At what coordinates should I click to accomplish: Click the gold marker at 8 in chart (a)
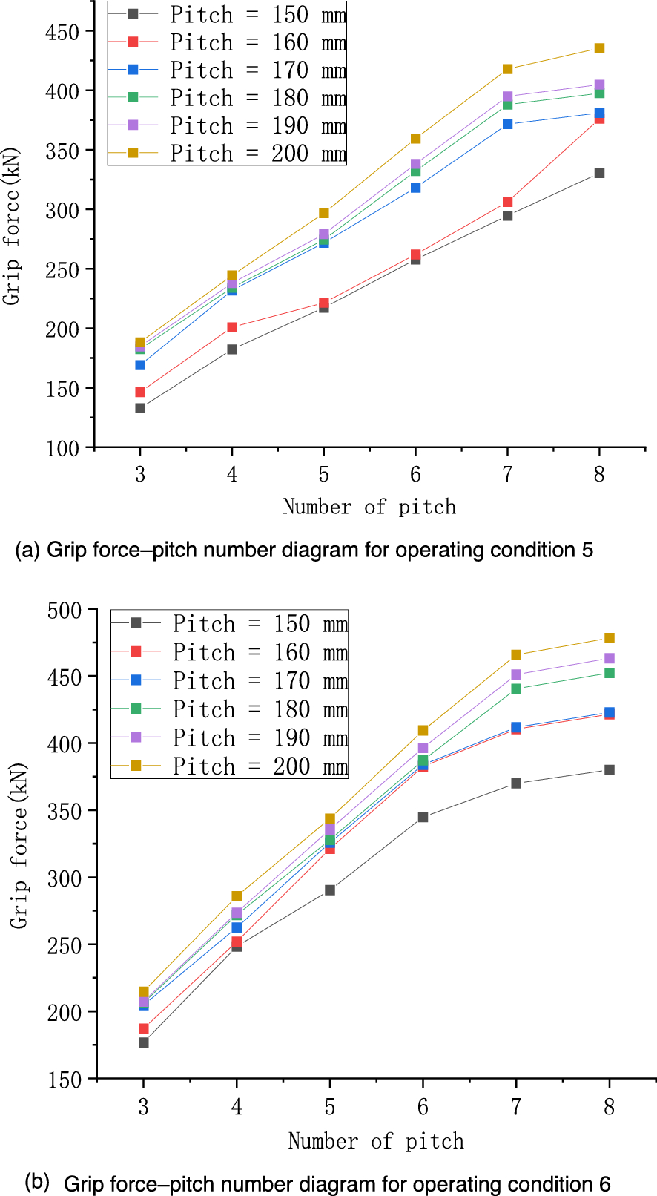pyautogui.click(x=599, y=48)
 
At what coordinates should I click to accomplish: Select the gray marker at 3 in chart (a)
pyautogui.click(x=140, y=408)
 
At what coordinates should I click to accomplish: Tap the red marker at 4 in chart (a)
pyautogui.click(x=232, y=327)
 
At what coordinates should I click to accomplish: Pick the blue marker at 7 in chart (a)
pyautogui.click(x=507, y=124)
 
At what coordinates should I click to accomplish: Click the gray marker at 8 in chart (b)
pyautogui.click(x=609, y=770)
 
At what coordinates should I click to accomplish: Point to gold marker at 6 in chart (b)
pyautogui.click(x=423, y=731)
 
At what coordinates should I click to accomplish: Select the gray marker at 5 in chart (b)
pyautogui.click(x=329, y=890)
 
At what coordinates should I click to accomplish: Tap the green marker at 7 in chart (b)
pyautogui.click(x=516, y=689)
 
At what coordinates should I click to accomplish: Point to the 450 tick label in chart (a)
pyautogui.click(x=62, y=33)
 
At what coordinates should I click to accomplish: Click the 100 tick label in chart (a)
pyautogui.click(x=62, y=448)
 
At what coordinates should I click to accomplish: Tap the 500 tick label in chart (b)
pyautogui.click(x=65, y=611)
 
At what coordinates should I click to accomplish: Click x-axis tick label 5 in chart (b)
pyautogui.click(x=329, y=1108)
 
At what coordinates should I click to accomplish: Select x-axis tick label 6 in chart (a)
pyautogui.click(x=415, y=475)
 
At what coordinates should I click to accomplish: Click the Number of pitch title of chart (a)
pyautogui.click(x=369, y=507)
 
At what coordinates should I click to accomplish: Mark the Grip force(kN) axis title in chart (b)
pyautogui.click(x=19, y=845)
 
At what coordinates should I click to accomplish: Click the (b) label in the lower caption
pyautogui.click(x=37, y=1180)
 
